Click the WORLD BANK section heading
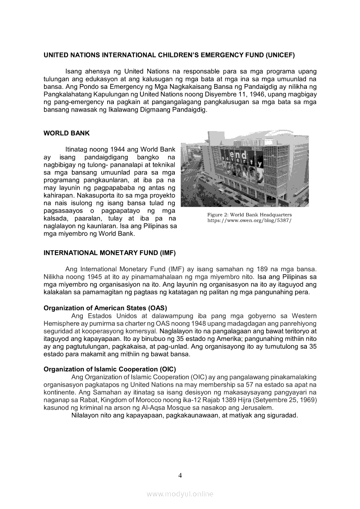(67, 133)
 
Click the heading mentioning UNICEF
(170, 55)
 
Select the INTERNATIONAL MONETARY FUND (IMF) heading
(110, 253)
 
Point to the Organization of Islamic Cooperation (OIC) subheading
(110, 369)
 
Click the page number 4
(180, 475)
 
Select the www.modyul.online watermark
(180, 494)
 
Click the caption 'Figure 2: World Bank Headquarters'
(249, 215)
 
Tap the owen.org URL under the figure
(249, 221)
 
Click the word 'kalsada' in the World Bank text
(56, 218)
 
